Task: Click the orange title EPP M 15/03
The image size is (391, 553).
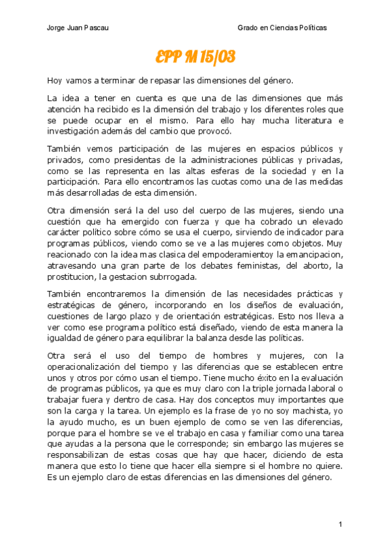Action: pos(195,57)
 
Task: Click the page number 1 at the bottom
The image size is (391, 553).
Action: pos(340,525)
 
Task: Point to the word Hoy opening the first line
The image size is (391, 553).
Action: pos(55,81)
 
